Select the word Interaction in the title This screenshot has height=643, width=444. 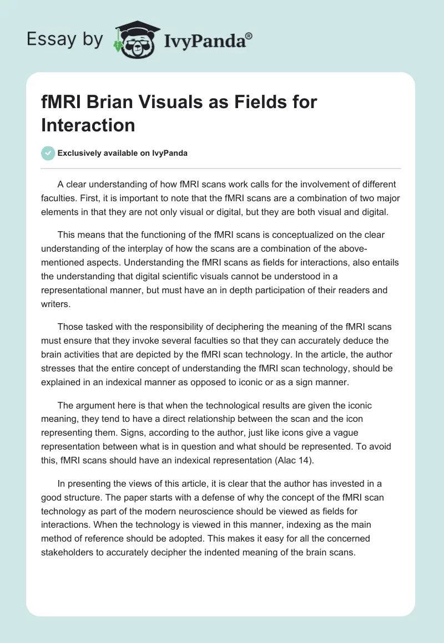pos(88,125)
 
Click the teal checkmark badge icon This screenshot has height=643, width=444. pos(48,153)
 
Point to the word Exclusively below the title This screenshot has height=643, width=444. pos(84,154)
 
